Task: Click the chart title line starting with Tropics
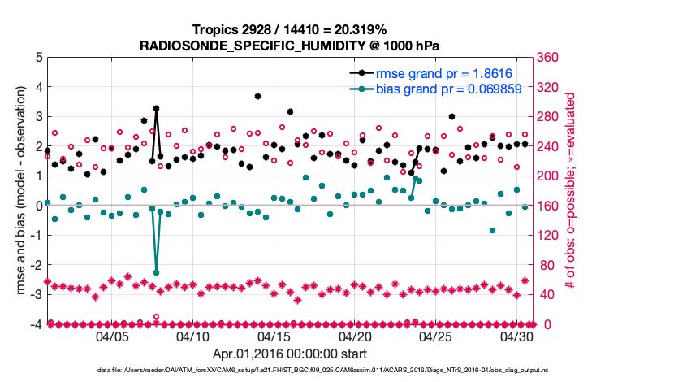pyautogui.click(x=289, y=29)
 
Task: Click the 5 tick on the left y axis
pyautogui.click(x=38, y=58)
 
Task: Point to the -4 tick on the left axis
pyautogui.click(x=36, y=325)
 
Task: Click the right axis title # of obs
pyautogui.click(x=571, y=191)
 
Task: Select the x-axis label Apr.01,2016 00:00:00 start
pyautogui.click(x=289, y=354)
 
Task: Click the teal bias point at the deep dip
pyautogui.click(x=156, y=272)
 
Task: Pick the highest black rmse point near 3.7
pyautogui.click(x=257, y=96)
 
